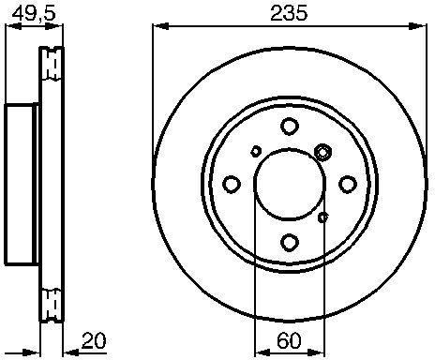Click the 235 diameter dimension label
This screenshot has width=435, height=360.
click(x=289, y=14)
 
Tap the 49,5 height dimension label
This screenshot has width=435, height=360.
click(x=34, y=14)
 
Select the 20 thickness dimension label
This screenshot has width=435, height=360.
click(x=94, y=340)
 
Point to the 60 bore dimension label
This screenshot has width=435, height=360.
click(x=289, y=340)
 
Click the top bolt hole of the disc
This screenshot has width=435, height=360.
click(x=290, y=127)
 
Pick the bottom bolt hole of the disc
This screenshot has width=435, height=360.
click(x=290, y=242)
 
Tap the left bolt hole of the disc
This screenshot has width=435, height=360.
click(x=232, y=184)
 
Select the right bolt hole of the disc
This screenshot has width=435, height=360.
click(x=348, y=184)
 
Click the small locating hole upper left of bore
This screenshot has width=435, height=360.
click(x=256, y=152)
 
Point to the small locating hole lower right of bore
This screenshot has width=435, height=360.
click(x=322, y=217)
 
